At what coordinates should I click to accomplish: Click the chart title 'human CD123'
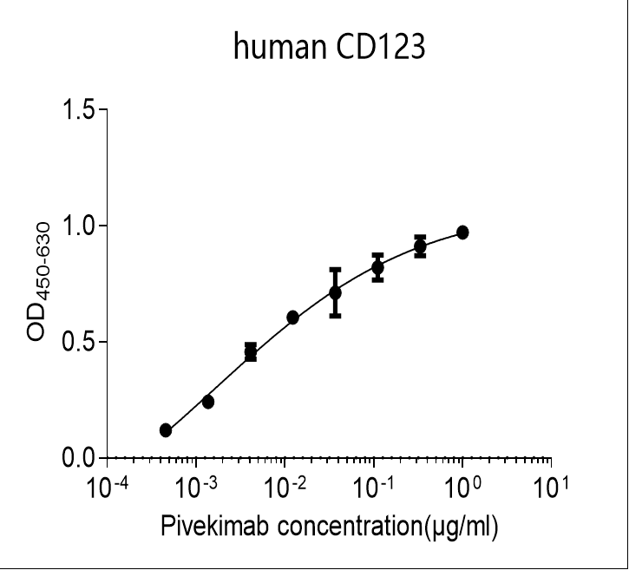(x=329, y=47)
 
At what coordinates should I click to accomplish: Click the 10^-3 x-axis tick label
(x=197, y=487)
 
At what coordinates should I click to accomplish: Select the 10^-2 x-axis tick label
(x=285, y=487)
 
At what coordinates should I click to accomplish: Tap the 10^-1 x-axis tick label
(x=375, y=487)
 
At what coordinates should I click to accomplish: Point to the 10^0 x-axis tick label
(x=463, y=487)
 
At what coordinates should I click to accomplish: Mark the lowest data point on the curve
(x=166, y=430)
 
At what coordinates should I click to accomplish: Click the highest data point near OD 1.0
(x=462, y=233)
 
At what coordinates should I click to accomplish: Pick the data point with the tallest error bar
(x=335, y=293)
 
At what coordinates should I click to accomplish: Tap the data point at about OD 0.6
(x=292, y=318)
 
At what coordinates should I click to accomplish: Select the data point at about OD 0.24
(x=208, y=402)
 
